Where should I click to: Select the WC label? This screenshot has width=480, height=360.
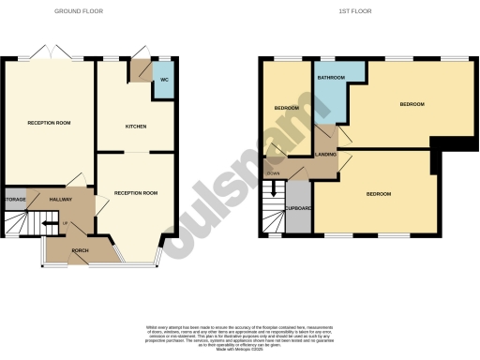pyautogui.click(x=163, y=79)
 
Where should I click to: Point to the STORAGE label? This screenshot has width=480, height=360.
pyautogui.click(x=15, y=200)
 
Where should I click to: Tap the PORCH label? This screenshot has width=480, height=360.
pyautogui.click(x=80, y=250)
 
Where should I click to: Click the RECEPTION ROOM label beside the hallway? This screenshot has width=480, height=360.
pyautogui.click(x=136, y=192)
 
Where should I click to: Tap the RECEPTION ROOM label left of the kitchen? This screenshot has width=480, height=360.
pyautogui.click(x=48, y=123)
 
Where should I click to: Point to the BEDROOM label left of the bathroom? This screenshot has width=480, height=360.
pyautogui.click(x=286, y=108)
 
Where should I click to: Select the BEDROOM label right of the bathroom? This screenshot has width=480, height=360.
pyautogui.click(x=412, y=103)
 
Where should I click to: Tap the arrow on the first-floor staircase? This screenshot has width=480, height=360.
pyautogui.click(x=273, y=187)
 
